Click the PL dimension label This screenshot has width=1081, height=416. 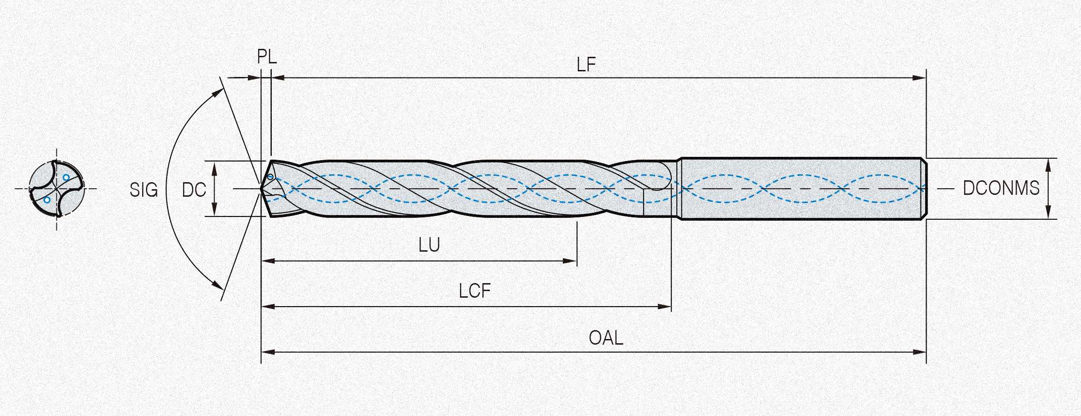(267, 57)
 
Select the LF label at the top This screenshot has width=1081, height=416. (586, 65)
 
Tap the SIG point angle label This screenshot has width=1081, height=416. (144, 190)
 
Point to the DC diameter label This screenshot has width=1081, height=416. (194, 190)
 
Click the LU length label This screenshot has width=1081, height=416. (429, 245)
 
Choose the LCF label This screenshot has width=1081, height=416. (475, 292)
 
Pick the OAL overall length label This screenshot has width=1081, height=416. (606, 338)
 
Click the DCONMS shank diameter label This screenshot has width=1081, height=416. (1001, 188)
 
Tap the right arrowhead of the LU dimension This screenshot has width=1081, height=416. (570, 261)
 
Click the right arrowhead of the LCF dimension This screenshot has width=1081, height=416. (665, 307)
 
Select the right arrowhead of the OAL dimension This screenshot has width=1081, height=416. (920, 352)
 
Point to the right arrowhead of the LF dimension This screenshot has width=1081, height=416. (920, 78)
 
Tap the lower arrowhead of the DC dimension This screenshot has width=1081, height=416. (214, 210)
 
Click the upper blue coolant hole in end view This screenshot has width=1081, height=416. (66, 177)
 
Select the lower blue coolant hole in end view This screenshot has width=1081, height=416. (47, 200)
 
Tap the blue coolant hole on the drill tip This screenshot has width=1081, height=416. (270, 177)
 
